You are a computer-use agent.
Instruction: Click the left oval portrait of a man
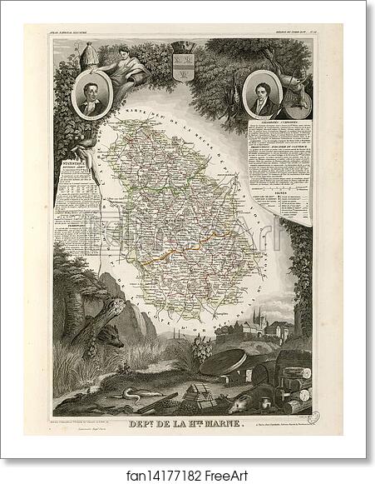(91, 97)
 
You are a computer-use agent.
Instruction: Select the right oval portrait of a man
(264, 94)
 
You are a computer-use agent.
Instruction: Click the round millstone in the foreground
(235, 362)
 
